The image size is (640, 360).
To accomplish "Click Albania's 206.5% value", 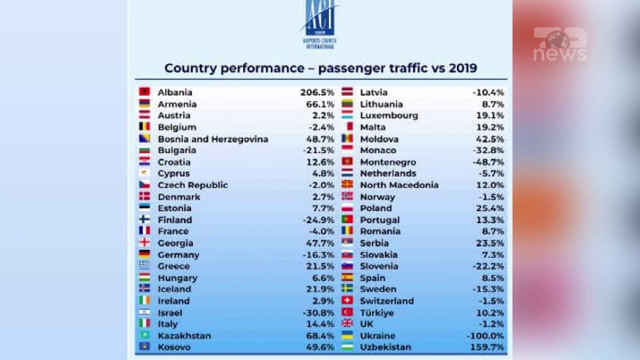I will click(x=317, y=92).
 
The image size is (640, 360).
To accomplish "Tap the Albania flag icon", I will click(x=144, y=92).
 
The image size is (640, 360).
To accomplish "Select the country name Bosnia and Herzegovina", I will click(x=213, y=139).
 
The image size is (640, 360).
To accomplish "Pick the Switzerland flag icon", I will click(x=347, y=300).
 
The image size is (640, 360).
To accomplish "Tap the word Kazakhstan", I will click(x=184, y=336).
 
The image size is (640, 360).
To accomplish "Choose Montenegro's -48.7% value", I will click(x=488, y=162).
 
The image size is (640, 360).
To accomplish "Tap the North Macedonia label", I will click(x=399, y=185).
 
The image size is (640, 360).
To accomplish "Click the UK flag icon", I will click(x=347, y=323).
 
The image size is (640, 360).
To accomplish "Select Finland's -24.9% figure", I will click(x=318, y=220).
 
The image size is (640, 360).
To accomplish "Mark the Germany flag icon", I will click(x=144, y=254).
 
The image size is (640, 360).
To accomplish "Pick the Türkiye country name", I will click(x=376, y=313).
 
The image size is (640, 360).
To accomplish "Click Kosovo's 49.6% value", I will click(x=320, y=347).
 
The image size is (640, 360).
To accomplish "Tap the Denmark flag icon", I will click(x=144, y=196).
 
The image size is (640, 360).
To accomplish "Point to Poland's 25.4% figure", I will click(x=490, y=208).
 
